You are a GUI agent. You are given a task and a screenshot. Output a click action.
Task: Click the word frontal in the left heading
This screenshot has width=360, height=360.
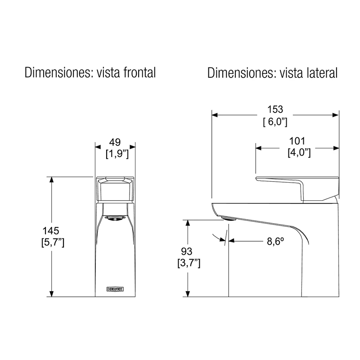point(139,72)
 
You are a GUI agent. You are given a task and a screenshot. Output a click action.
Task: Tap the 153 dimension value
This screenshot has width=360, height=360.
point(275,109)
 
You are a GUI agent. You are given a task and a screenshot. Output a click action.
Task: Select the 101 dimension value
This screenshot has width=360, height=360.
point(297,141)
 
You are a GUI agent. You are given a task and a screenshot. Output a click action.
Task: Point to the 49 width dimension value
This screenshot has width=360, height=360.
point(115,142)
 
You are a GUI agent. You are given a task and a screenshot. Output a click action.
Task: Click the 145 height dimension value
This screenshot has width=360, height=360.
point(51,230)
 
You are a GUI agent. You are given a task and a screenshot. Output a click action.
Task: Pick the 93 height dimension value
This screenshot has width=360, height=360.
point(186,252)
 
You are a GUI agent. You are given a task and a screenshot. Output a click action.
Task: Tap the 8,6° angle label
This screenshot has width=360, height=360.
point(275,241)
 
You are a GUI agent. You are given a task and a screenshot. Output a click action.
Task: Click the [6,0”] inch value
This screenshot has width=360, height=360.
point(275,121)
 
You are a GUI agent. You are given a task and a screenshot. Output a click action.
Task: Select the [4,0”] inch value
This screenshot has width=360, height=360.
point(299,153)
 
